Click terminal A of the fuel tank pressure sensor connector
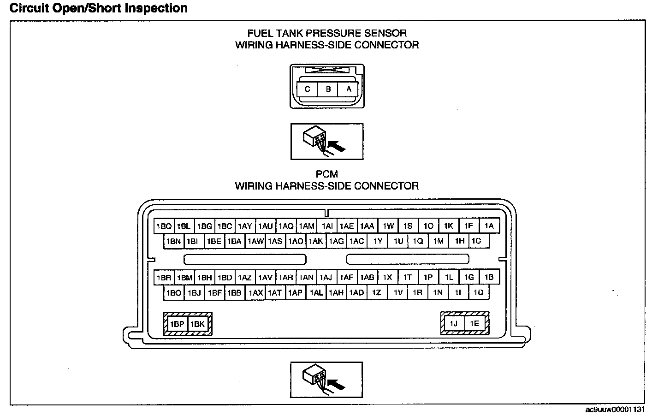point(349,89)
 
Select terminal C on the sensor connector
point(307,89)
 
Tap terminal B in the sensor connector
point(328,89)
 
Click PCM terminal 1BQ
point(164,226)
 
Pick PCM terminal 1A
point(489,226)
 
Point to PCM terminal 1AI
point(327,226)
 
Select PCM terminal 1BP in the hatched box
point(177,324)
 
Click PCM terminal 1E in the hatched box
point(474,323)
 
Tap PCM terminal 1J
point(454,323)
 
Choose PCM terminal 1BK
point(198,324)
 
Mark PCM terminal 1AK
point(316,241)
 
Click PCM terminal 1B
point(489,277)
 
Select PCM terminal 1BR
point(164,277)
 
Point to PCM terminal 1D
point(479,292)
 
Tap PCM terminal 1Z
point(377,292)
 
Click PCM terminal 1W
point(389,226)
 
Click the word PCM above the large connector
point(327,174)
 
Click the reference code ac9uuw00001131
point(615,410)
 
